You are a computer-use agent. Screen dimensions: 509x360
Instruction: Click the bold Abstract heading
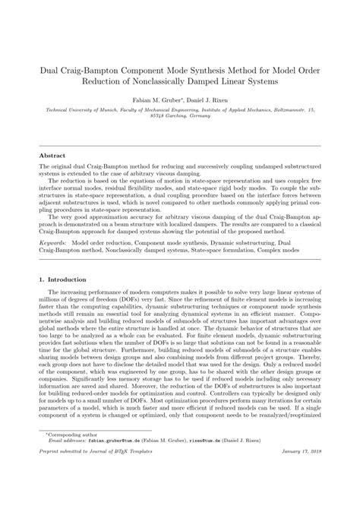[52, 155]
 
